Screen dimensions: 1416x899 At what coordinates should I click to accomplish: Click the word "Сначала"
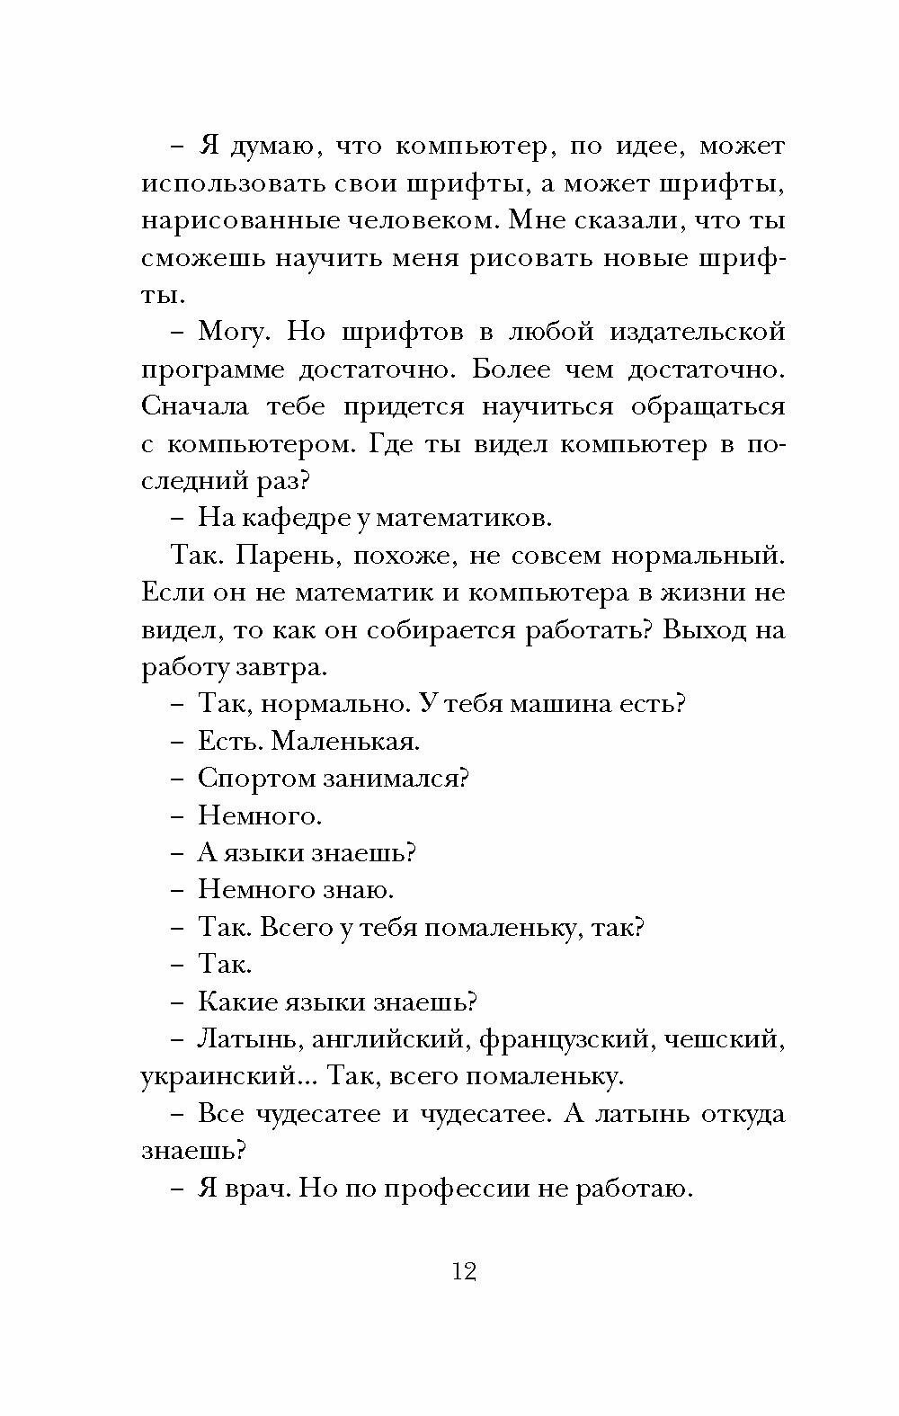click(196, 407)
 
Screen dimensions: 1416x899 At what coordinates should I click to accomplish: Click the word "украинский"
click(220, 1077)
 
